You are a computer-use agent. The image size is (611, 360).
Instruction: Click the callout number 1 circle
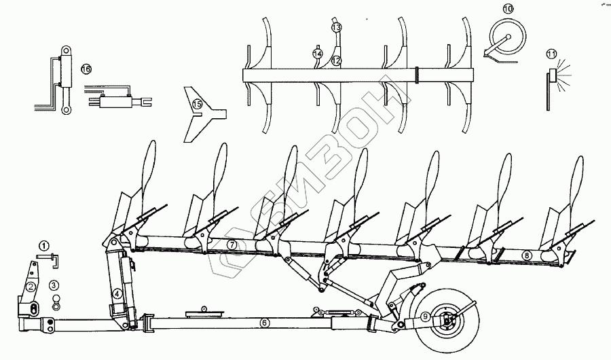(43, 245)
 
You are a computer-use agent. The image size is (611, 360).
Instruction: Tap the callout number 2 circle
(31, 287)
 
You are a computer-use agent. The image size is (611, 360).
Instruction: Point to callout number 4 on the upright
(117, 293)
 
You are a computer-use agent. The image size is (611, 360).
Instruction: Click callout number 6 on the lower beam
(265, 323)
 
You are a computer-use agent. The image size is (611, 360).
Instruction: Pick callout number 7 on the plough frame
(232, 244)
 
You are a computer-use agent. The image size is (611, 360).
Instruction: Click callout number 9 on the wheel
(424, 315)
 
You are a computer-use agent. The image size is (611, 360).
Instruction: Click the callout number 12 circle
(335, 60)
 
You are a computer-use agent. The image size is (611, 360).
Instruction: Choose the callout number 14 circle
(316, 54)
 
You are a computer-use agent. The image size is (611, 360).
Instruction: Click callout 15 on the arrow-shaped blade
(196, 104)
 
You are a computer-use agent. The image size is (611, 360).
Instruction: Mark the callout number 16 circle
(86, 69)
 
